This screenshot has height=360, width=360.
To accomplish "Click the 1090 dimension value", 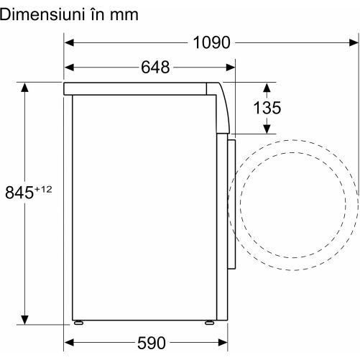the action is pyautogui.click(x=211, y=43).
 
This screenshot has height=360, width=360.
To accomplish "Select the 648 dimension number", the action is pyautogui.click(x=155, y=68).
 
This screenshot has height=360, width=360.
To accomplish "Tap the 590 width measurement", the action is pyautogui.click(x=152, y=343).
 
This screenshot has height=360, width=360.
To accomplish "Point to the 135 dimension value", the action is pyautogui.click(x=267, y=108).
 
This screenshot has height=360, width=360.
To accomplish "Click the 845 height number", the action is pyautogui.click(x=19, y=193).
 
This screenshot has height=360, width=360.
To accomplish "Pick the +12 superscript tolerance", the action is pyautogui.click(x=43, y=190).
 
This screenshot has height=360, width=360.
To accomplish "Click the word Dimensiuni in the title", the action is pyautogui.click(x=42, y=14).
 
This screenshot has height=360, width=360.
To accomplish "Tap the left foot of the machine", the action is pyautogui.click(x=78, y=323).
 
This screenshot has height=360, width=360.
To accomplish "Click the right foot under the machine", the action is pyautogui.click(x=210, y=323).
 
